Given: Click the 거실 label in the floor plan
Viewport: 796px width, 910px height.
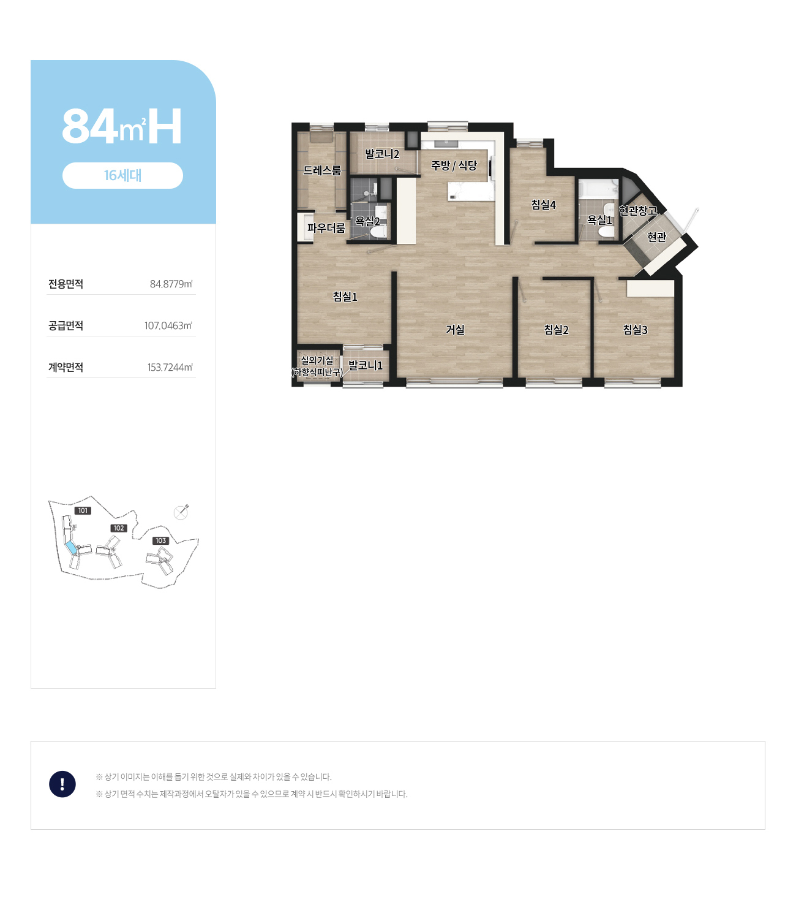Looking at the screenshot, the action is point(455,330).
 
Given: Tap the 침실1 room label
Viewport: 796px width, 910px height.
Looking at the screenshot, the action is point(345,297).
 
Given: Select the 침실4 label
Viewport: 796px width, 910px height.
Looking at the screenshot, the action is point(543,205).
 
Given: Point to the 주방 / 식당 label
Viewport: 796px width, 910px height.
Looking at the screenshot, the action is point(454,165).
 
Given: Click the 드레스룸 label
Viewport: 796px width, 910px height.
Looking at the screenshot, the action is point(322,170).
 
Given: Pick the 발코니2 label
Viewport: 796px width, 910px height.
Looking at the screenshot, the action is point(382,154).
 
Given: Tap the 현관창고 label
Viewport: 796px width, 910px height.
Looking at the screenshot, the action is point(638,210).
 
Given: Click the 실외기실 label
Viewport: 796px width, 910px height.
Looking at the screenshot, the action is point(317,360).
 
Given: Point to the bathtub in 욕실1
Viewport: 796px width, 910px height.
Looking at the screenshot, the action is point(598,189).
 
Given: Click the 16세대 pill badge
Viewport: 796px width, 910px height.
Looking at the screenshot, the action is point(122,175).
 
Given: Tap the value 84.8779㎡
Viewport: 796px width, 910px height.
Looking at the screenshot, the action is point(171,284).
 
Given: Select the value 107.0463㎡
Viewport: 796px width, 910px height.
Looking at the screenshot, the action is point(168,325).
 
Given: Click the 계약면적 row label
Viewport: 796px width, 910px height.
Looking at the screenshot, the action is point(66,368).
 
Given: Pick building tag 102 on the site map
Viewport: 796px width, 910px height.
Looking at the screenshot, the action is point(119,528).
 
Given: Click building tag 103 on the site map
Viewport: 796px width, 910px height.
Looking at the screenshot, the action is point(160,540).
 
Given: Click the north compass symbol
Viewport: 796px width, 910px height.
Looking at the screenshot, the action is point(181,512).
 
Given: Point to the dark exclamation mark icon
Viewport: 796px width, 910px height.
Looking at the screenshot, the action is point(62,784).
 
